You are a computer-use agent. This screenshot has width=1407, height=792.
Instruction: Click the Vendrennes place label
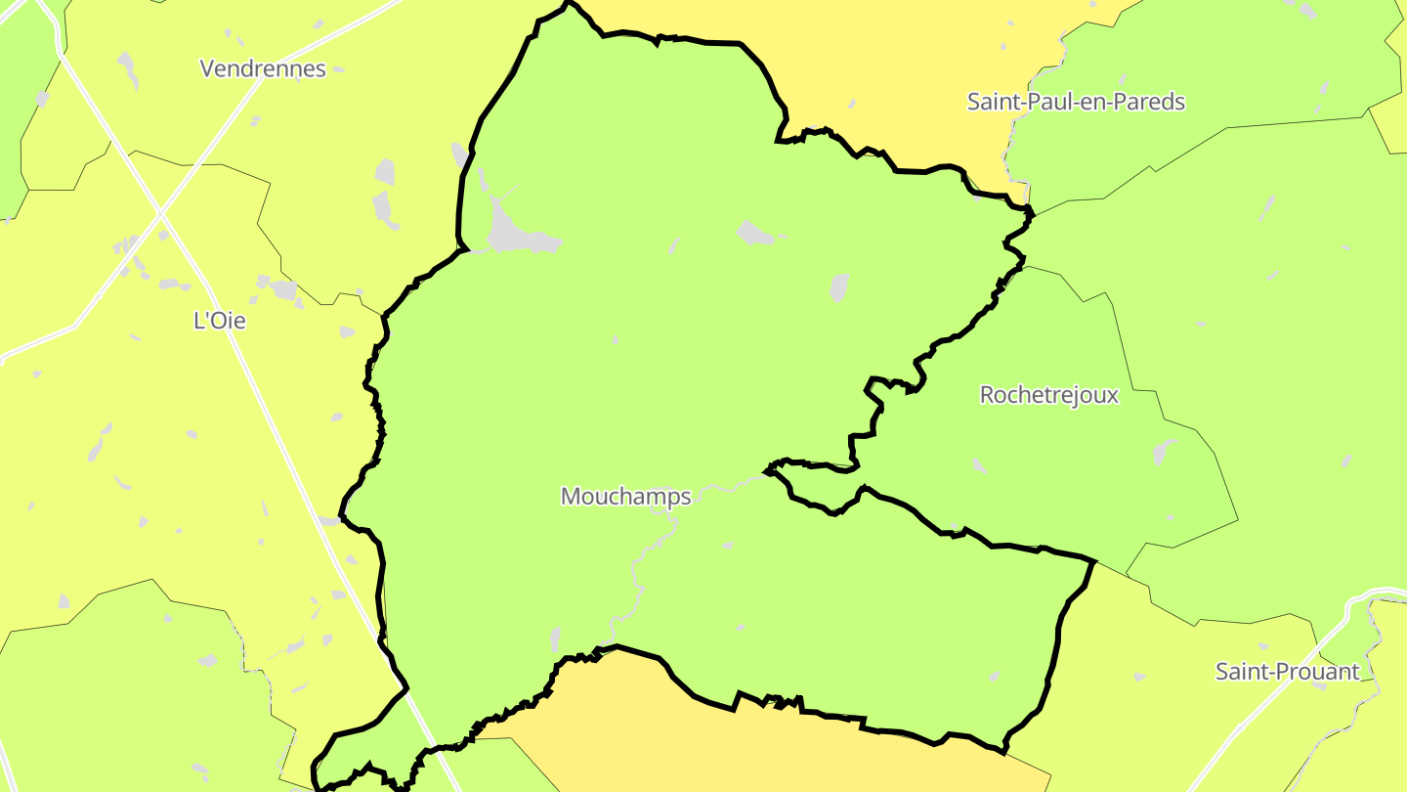263,68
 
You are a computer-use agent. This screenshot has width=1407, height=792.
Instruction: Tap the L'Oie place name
220,321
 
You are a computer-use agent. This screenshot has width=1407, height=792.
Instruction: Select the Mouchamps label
625,497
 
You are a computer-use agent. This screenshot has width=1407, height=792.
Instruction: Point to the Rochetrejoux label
1048,395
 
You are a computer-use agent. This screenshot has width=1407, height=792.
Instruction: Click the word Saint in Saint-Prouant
1237,672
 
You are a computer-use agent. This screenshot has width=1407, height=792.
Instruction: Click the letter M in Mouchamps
571,497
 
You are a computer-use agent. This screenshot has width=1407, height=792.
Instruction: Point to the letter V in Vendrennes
207,68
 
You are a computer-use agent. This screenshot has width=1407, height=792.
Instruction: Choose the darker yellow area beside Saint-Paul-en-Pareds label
879,59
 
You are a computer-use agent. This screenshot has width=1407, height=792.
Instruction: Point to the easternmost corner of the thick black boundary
1092,562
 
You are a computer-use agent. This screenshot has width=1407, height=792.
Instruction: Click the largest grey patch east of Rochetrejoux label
1163,452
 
